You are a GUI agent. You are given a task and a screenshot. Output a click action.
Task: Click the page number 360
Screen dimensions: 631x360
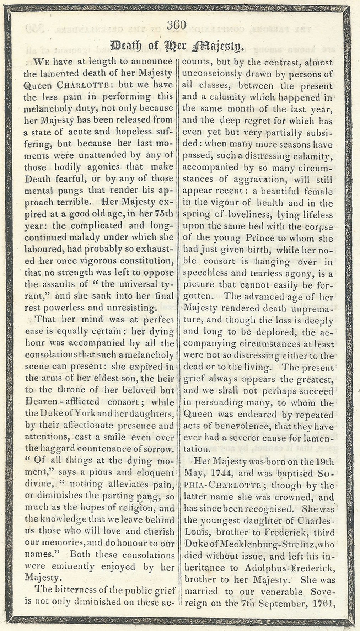pyautogui.click(x=176, y=25)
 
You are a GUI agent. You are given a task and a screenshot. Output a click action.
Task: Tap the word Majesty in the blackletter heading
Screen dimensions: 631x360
pyautogui.click(x=219, y=46)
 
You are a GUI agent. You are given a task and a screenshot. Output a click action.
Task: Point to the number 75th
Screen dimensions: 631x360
pyautogui.click(x=164, y=214)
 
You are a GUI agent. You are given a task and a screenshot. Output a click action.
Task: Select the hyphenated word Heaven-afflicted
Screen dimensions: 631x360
pyautogui.click(x=62, y=402)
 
